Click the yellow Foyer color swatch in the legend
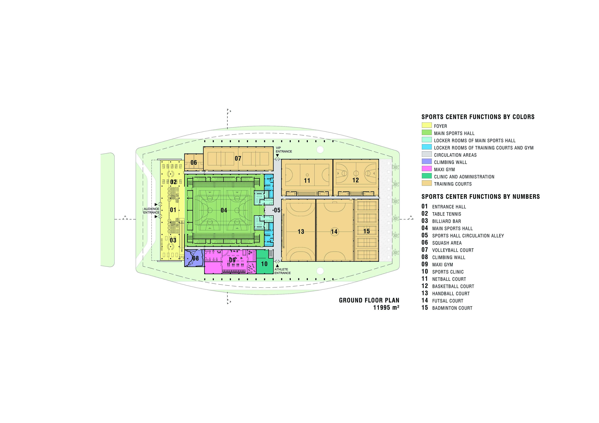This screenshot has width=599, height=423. point(426,125)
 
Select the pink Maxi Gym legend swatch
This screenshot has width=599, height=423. point(426,169)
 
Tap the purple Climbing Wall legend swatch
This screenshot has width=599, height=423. point(426,161)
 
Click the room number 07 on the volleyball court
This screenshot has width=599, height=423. point(238,159)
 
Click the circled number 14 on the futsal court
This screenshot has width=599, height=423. point(334,231)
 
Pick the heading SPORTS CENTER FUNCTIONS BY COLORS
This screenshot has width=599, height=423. point(478,117)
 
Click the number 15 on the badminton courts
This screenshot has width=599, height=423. point(367,231)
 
